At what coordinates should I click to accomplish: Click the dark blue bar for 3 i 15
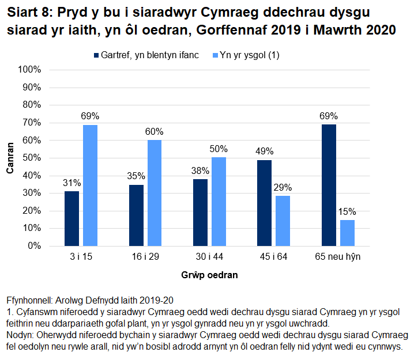71,218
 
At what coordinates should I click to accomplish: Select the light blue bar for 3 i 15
90,185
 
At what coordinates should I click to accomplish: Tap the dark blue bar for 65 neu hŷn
328,185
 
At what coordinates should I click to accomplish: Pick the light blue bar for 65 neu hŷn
347,233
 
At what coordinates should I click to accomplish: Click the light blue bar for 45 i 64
283,221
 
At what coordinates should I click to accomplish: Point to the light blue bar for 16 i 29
155,193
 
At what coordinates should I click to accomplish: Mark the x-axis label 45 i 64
273,257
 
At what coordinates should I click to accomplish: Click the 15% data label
347,211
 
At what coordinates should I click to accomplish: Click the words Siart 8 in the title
29,12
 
